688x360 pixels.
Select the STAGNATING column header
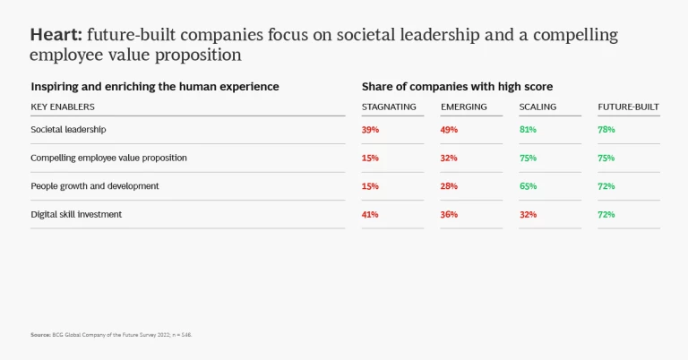(389, 107)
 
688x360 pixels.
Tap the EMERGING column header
(464, 107)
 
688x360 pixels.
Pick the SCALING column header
(537, 107)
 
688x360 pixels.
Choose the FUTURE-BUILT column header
(629, 107)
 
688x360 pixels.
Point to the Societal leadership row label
(68, 129)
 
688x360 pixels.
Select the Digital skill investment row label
(76, 214)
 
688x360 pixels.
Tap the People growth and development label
(95, 185)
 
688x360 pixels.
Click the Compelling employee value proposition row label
(108, 158)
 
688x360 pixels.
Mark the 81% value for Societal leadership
(528, 129)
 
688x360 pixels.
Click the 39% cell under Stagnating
(370, 129)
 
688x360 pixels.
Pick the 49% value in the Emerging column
(449, 129)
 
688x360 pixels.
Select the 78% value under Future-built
(606, 129)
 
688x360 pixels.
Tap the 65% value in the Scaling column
(528, 185)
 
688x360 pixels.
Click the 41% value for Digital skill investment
(370, 214)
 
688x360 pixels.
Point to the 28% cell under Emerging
(449, 185)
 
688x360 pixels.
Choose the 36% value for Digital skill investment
(449, 214)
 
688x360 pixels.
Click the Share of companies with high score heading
(457, 87)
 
